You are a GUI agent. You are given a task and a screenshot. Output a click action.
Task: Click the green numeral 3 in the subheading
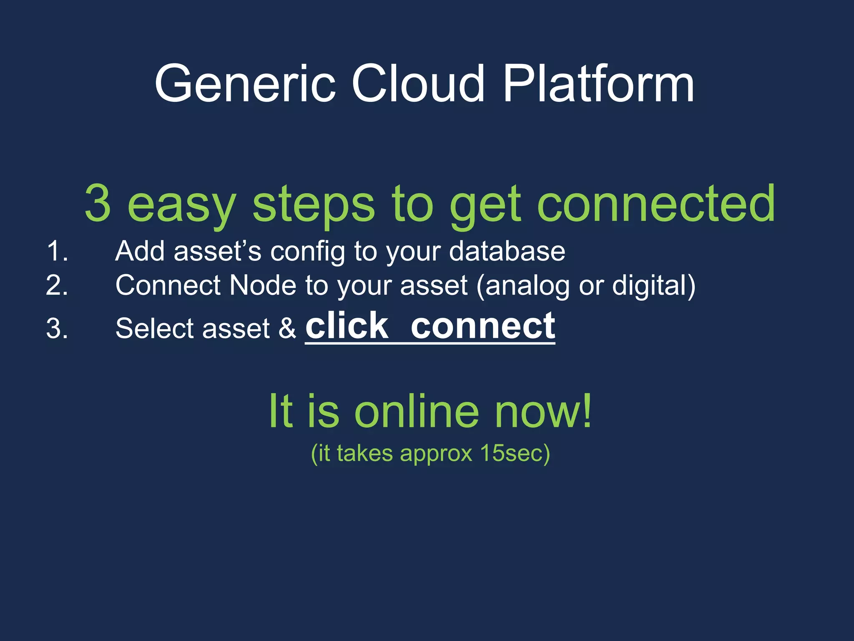coord(98,204)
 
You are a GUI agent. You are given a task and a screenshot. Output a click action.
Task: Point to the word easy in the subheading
coord(182,207)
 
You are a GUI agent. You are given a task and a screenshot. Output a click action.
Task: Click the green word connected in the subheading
coord(656,204)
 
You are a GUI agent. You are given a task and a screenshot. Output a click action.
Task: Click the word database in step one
coord(507,251)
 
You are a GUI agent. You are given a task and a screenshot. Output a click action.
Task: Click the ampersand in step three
coord(287,328)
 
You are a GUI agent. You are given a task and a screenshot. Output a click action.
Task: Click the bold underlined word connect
coord(483,326)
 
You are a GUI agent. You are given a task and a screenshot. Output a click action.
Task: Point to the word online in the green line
coord(417,411)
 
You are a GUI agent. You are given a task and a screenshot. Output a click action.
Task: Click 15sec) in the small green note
coord(515,453)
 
